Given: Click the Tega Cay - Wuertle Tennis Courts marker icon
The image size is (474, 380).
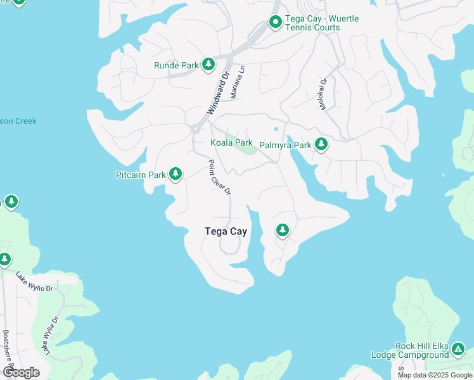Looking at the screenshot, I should coord(276,23).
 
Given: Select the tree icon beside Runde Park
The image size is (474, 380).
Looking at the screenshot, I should coord(208,65).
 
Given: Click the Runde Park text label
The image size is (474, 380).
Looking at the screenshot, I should coord(176,65).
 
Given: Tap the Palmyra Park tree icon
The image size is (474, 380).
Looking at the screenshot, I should coord(321,145).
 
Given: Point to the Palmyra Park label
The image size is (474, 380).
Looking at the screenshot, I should coord(285,145).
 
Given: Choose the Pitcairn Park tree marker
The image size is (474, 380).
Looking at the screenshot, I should coord(176,174).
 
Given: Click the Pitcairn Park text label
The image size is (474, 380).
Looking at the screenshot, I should coord(141,175).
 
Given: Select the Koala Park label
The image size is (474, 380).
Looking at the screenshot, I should coord(231,142).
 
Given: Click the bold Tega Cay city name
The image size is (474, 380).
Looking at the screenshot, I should coord(226,231).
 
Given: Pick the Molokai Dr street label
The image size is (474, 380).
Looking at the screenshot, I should coord(323,94).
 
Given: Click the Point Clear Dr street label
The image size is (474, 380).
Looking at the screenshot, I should coord(219,177).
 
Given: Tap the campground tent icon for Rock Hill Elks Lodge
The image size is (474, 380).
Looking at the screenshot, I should coord(458,349).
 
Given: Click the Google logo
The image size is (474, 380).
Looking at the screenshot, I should coord(21,372).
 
